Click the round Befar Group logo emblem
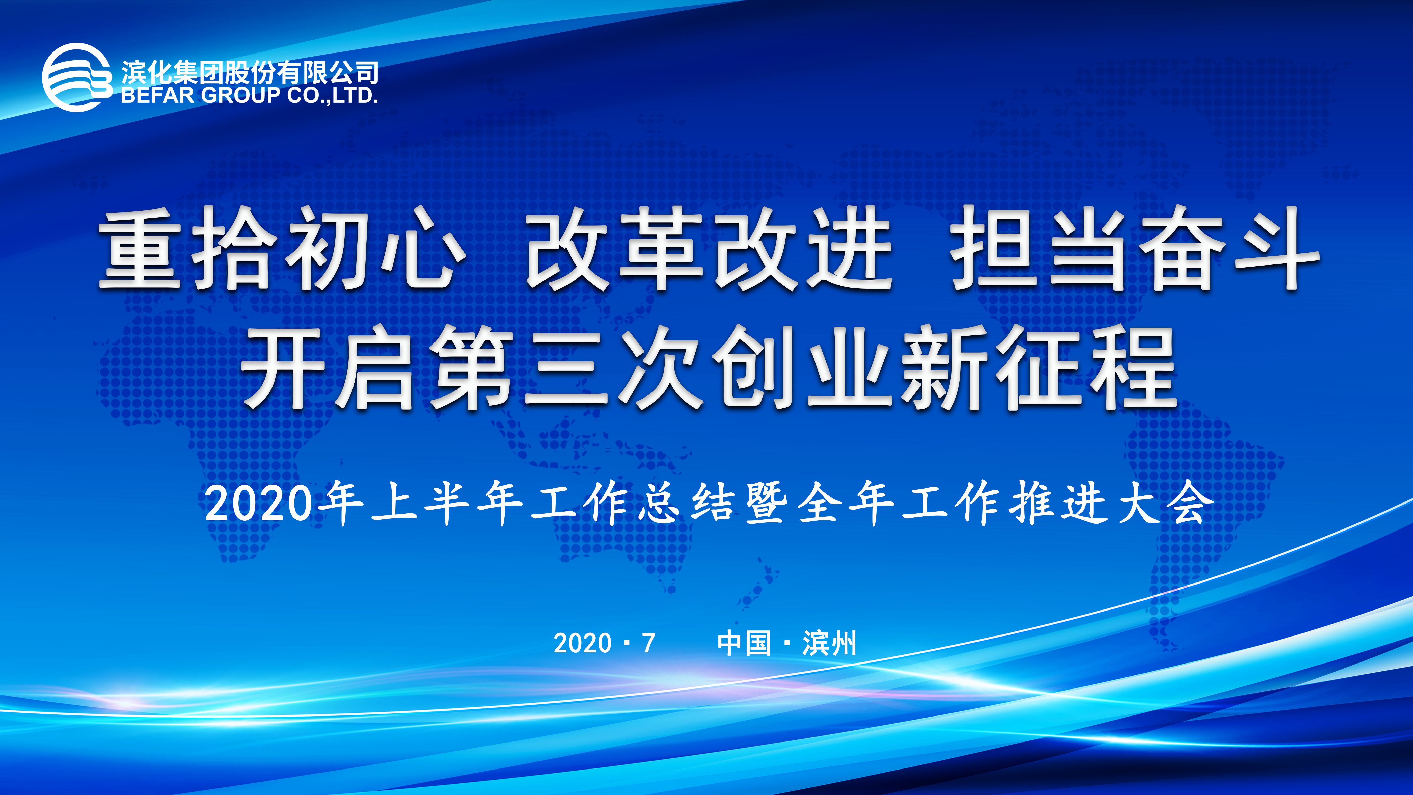pyautogui.click(x=77, y=77)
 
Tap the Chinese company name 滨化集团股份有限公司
pyautogui.click(x=250, y=72)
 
